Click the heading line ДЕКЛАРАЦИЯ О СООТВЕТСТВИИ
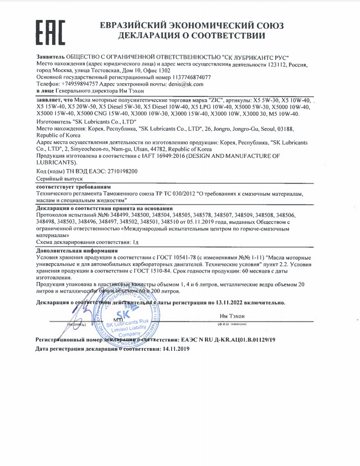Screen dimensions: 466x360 (x=192, y=36)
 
